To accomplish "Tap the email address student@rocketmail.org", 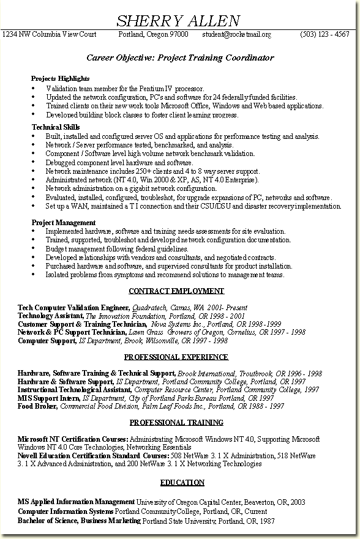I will (x=236, y=35).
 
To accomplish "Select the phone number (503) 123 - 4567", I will (x=324, y=35).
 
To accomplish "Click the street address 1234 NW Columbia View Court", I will (x=50, y=35).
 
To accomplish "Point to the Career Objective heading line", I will (x=180, y=58).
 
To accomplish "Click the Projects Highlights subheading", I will (x=61, y=79).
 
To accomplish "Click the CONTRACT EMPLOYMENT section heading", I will (x=176, y=291).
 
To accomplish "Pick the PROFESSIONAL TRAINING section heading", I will (x=176, y=422).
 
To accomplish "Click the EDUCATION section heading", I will (x=182, y=483).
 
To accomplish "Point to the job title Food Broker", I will (x=37, y=406).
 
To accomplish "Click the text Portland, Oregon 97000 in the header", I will (x=153, y=35).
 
